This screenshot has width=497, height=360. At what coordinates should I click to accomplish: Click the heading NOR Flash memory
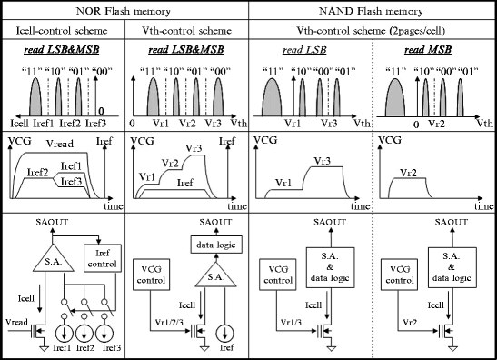[x=125, y=12]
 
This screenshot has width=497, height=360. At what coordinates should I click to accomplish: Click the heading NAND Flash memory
[x=371, y=12]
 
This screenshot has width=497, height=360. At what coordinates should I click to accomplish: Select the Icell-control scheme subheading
[x=62, y=31]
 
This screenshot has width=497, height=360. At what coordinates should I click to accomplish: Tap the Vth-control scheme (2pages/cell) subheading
[x=371, y=31]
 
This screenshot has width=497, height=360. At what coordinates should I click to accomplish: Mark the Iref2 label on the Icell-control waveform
[x=37, y=171]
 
